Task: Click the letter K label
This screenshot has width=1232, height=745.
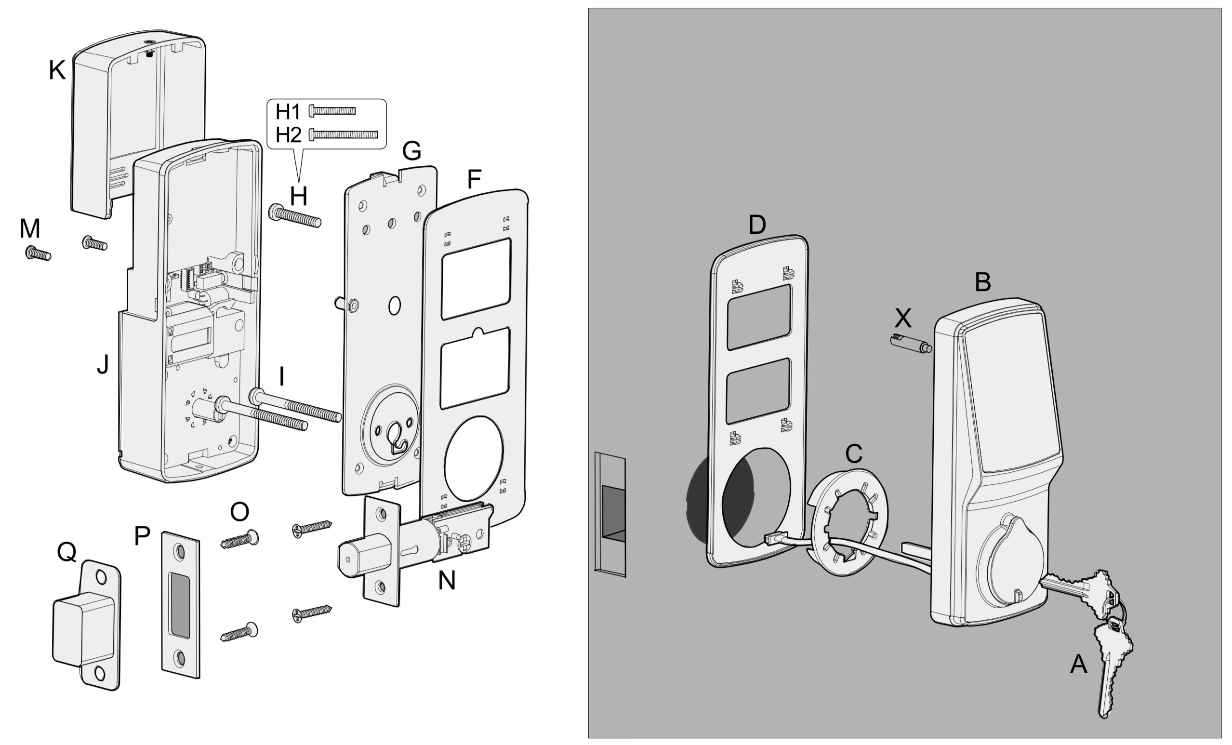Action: (57, 70)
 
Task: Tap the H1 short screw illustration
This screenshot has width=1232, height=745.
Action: (332, 110)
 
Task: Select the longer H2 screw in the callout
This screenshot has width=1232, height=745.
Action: (344, 134)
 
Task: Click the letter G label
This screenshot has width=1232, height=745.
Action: (411, 150)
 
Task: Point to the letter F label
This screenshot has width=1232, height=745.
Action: (474, 179)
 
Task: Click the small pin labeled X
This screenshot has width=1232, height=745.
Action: (911, 345)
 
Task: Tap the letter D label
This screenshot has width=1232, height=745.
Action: (757, 225)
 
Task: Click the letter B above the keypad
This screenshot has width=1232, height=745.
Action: (982, 282)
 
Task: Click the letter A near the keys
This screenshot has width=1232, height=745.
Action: (1078, 665)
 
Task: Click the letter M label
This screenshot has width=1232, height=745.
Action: (29, 229)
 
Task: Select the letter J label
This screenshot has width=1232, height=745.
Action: (103, 364)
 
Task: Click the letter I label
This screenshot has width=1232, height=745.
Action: (281, 376)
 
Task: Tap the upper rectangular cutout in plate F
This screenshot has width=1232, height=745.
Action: (476, 279)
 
